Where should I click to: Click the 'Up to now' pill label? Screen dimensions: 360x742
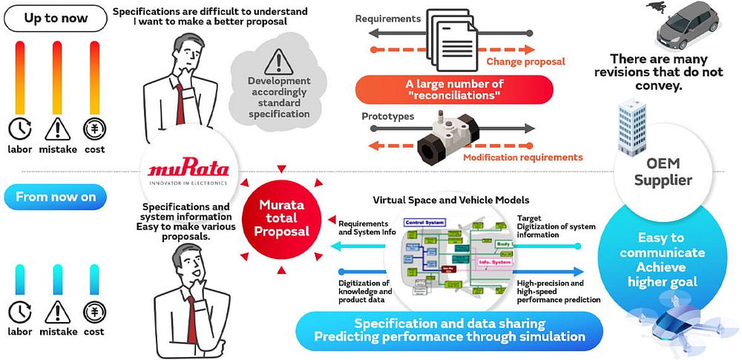coord(56,17)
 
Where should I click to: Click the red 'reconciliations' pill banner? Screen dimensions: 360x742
coord(454,89)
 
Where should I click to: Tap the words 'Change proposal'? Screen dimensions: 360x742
coord(525,62)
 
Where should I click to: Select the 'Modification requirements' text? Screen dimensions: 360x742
coord(522,157)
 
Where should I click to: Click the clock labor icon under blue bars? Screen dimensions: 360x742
coord(20,311)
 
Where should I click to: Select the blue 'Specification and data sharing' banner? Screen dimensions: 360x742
coord(450,330)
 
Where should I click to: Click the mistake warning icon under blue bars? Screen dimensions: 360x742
coord(57,311)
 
